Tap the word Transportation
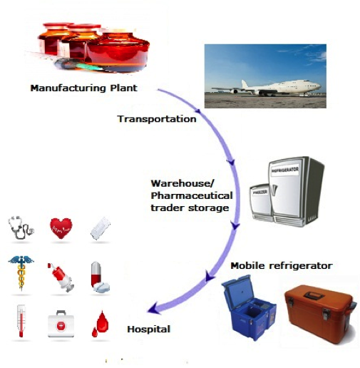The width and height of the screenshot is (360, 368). tap(156, 119)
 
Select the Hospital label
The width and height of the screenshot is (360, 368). tap(148, 330)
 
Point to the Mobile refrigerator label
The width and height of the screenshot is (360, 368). tap(282, 265)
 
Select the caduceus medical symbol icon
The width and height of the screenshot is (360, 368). tap(21, 274)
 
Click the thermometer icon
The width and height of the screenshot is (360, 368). tap(21, 320)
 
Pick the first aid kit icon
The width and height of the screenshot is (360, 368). tap(61, 322)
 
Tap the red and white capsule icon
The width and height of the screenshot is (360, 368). tap(99, 276)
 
